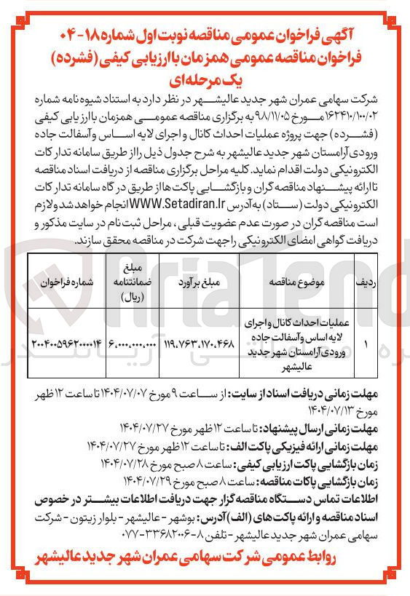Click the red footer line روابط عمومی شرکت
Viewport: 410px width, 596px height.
tap(205, 557)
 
